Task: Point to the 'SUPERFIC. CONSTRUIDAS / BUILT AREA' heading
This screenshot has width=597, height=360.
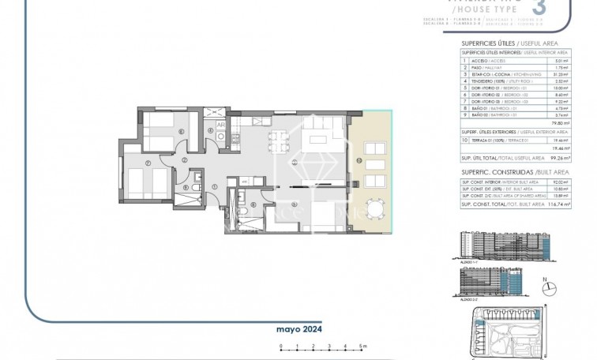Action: pos(501,171)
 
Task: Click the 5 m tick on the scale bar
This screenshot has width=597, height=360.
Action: pos(360,344)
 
